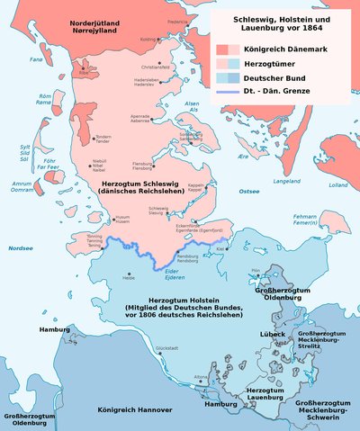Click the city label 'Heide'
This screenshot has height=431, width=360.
(129, 278)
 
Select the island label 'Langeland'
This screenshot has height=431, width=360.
(285, 182)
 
